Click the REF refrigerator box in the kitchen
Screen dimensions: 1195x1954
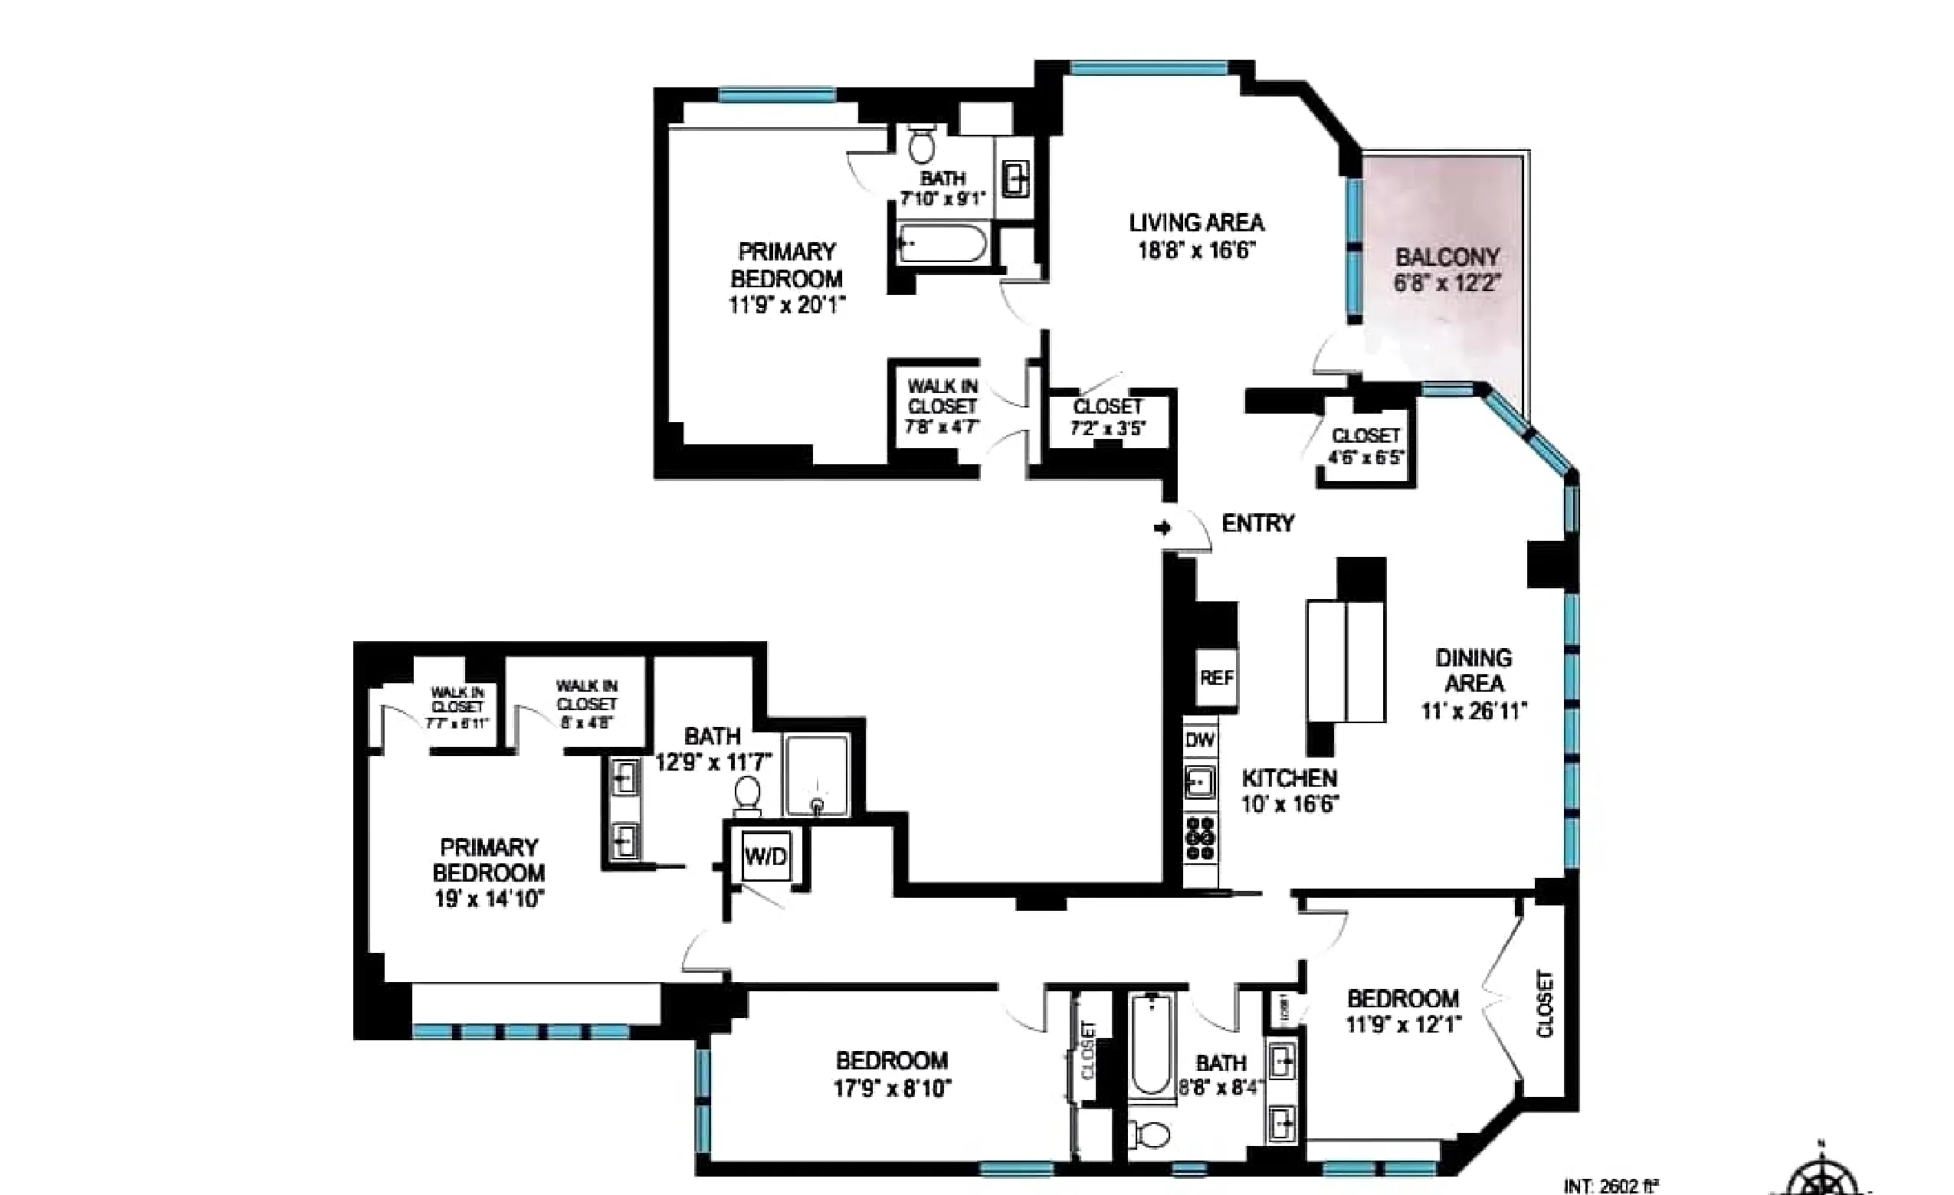1216,677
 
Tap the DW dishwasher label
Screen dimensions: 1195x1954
1200,740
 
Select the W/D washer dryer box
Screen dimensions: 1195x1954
766,856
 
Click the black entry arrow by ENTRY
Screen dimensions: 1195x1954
1162,527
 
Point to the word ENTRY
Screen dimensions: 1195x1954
1257,523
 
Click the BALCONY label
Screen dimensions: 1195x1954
1447,257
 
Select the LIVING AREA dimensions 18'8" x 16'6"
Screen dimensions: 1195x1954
1197,250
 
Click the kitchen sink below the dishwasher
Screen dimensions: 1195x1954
1200,783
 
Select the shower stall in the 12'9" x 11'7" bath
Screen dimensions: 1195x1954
816,774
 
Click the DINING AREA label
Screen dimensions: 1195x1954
1474,670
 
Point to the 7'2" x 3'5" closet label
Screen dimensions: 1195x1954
1107,417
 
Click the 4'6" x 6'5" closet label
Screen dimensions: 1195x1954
1366,447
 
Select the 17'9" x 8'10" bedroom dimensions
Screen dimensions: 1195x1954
892,1088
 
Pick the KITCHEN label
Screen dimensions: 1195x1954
1290,778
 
